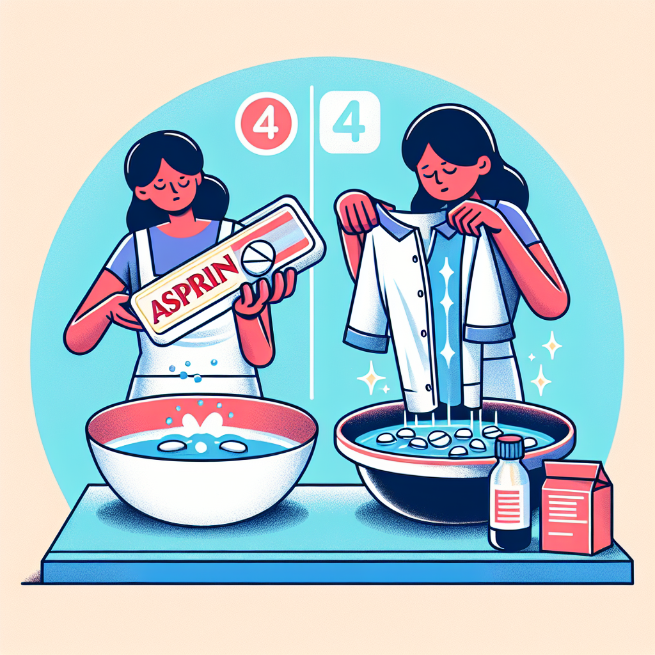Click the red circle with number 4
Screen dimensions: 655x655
pyautogui.click(x=266, y=123)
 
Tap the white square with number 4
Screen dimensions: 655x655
pyautogui.click(x=350, y=122)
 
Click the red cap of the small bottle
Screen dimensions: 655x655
pyautogui.click(x=509, y=446)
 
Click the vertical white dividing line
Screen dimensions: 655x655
pyautogui.click(x=312, y=242)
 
